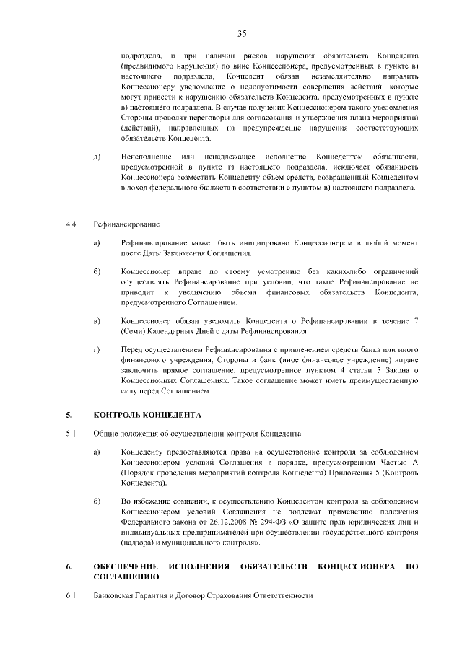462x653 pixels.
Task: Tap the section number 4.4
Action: click(x=70, y=225)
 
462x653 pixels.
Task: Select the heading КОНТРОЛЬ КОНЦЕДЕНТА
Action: click(x=148, y=416)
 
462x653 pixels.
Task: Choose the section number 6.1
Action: click(x=70, y=596)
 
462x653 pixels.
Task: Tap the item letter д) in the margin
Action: click(x=97, y=157)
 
